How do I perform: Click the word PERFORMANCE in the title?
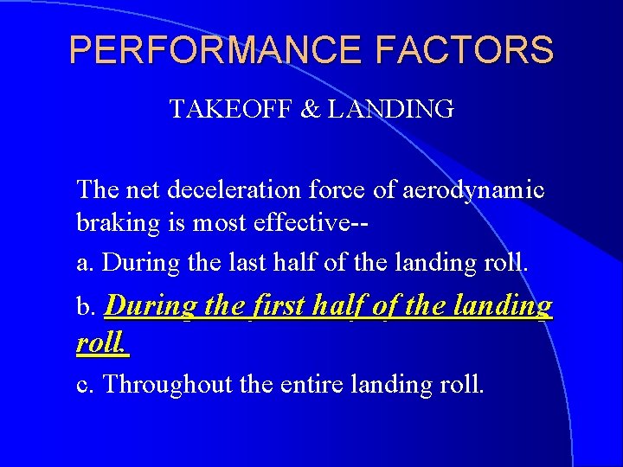(x=215, y=50)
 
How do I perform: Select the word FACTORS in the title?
(x=465, y=50)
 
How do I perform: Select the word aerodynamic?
(x=473, y=190)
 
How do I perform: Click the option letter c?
(x=85, y=384)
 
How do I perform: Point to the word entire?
(x=313, y=383)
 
